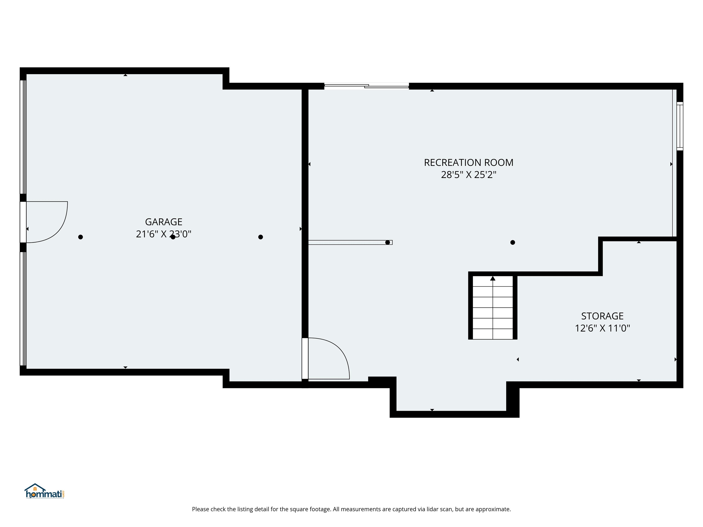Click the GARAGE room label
pos(163,222)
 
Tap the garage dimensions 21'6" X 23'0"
pos(163,234)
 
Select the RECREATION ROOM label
pos(468,163)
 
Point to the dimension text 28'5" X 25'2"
pos(468,175)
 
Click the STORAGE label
pos(602,316)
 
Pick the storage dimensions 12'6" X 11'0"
pos(602,328)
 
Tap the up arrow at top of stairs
pos(493,279)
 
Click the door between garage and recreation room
pos(327,359)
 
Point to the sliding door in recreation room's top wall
pos(366,86)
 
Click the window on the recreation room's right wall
pos(679,126)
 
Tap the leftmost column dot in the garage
pos(80,237)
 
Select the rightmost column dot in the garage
pos(261,237)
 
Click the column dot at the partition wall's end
pos(387,242)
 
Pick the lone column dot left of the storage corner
pos(513,242)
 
